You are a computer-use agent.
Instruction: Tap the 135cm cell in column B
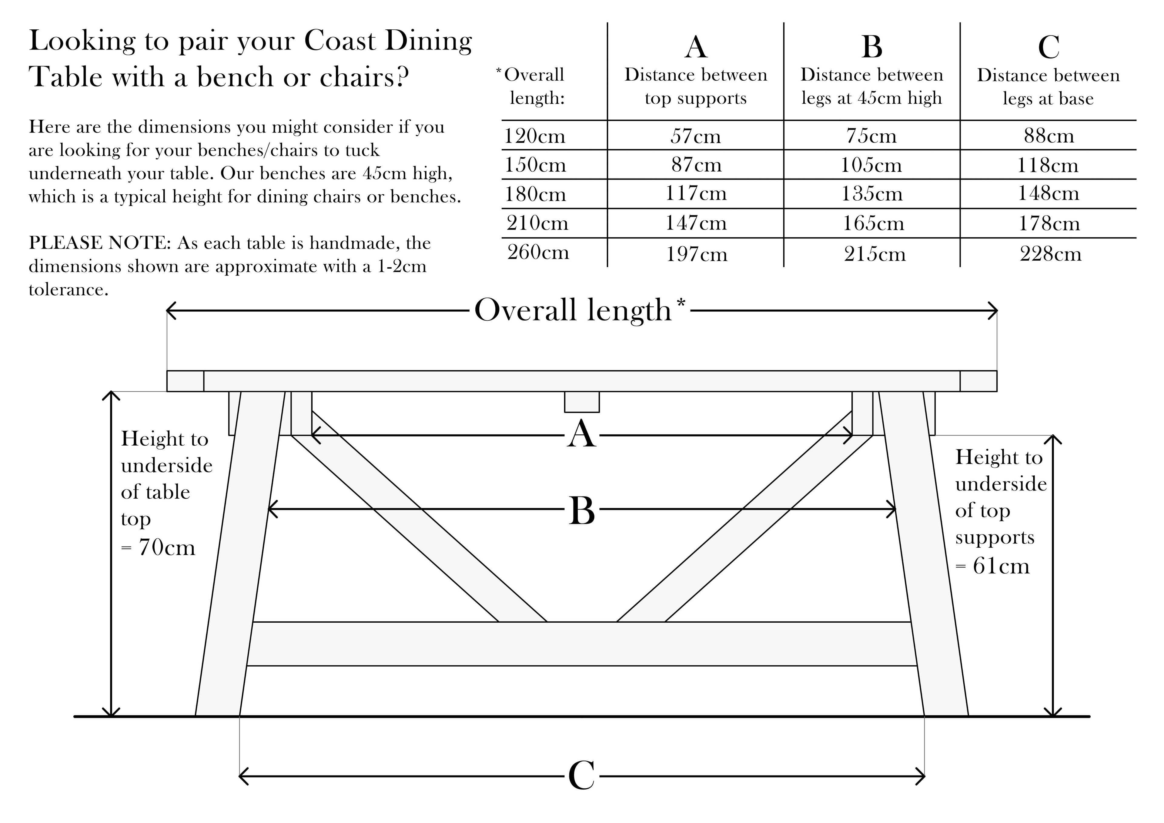coord(872,194)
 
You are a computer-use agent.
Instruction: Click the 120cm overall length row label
coord(534,136)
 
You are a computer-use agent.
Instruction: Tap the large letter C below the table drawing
coord(581,776)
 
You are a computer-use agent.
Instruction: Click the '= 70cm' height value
coord(158,548)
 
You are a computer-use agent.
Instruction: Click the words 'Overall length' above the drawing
coord(573,310)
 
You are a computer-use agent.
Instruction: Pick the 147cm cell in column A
coord(696,223)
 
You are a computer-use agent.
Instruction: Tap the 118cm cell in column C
coord(1047,165)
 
